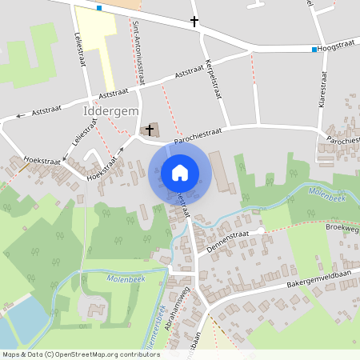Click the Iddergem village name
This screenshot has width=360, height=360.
pyautogui.click(x=110, y=111)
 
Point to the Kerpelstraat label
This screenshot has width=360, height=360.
pyautogui.click(x=213, y=79)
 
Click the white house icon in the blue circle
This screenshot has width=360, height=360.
pyautogui.click(x=180, y=172)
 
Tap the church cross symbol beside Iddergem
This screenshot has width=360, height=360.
pyautogui.click(x=150, y=129)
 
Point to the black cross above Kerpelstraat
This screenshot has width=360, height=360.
pyautogui.click(x=194, y=22)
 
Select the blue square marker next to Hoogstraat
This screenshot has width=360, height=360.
pyautogui.click(x=314, y=50)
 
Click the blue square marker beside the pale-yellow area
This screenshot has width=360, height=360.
pyautogui.click(x=99, y=8)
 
